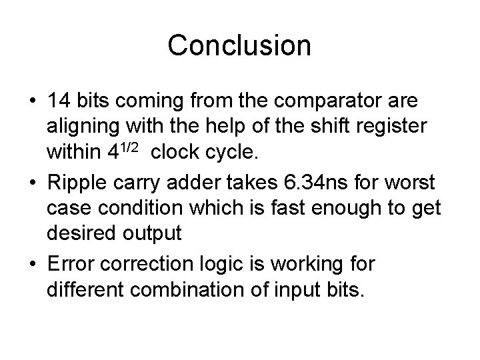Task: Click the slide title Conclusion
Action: [x=239, y=45]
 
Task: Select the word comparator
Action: [x=344, y=102]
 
